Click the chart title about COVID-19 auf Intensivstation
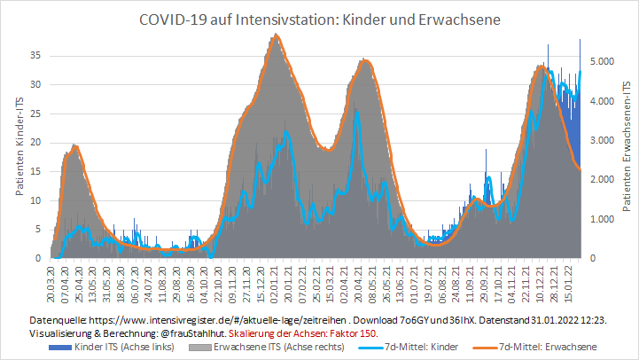319,19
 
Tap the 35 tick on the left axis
36,55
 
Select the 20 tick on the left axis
36,142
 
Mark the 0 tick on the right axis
595,259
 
